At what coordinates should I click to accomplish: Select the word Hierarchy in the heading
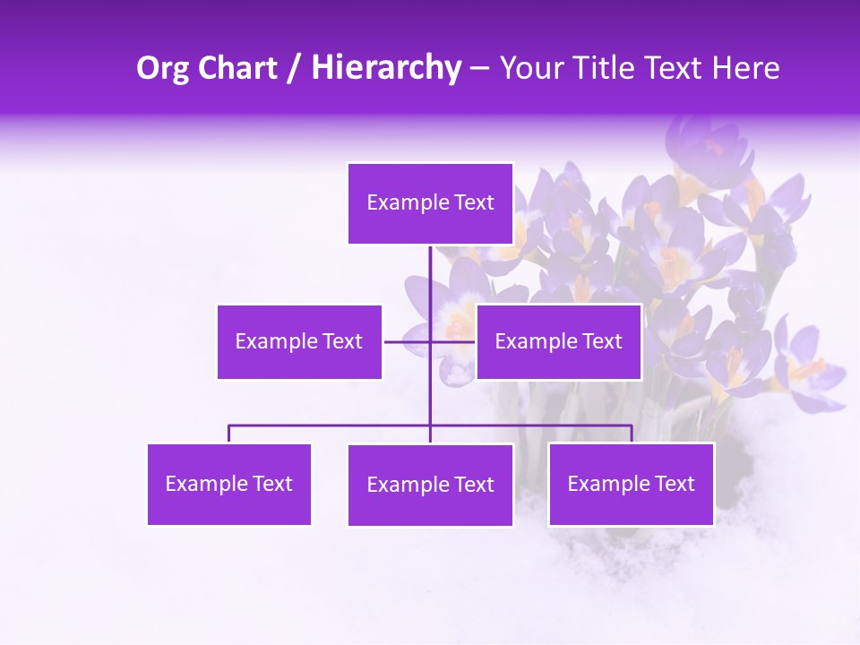(x=386, y=68)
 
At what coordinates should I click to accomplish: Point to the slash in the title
(x=294, y=68)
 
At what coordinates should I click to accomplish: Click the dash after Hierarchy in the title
(x=479, y=69)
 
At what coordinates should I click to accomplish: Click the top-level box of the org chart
(x=430, y=203)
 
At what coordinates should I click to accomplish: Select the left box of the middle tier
(x=299, y=341)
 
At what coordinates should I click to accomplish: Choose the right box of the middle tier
(x=558, y=341)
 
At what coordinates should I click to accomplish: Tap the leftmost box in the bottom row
(x=228, y=484)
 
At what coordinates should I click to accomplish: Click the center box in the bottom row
(x=430, y=485)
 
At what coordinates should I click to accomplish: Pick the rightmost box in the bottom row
(x=631, y=484)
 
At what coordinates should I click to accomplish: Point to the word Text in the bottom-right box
(x=674, y=484)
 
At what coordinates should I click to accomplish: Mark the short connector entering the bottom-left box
(x=228, y=434)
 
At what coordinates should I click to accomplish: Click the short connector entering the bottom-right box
(x=632, y=434)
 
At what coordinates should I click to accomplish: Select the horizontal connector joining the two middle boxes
(x=408, y=341)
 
